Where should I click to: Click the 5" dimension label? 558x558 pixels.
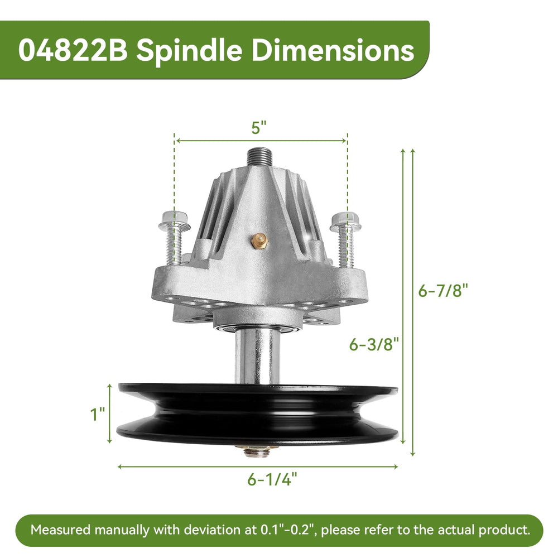coord(259,127)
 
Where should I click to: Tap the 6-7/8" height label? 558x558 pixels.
coord(442,290)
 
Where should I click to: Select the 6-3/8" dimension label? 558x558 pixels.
coord(374,344)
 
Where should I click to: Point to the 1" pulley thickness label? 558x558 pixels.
coord(98,414)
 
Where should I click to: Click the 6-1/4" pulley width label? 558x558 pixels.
coord(272,479)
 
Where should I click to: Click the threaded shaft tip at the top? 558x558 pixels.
coord(260,157)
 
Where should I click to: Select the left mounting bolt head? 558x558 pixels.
coord(174,220)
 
